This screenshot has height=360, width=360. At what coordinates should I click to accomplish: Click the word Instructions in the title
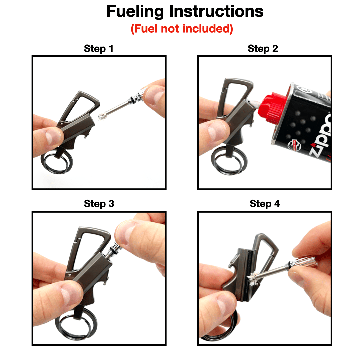coord(216,12)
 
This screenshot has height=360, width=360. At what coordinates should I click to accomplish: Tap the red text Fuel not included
coord(182,29)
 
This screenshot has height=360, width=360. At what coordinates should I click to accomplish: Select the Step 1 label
coord(99,49)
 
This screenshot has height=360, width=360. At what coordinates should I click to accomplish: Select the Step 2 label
coord(263,49)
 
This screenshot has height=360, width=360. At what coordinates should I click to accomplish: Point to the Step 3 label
coord(99,204)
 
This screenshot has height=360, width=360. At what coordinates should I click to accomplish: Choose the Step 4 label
coord(265,204)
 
